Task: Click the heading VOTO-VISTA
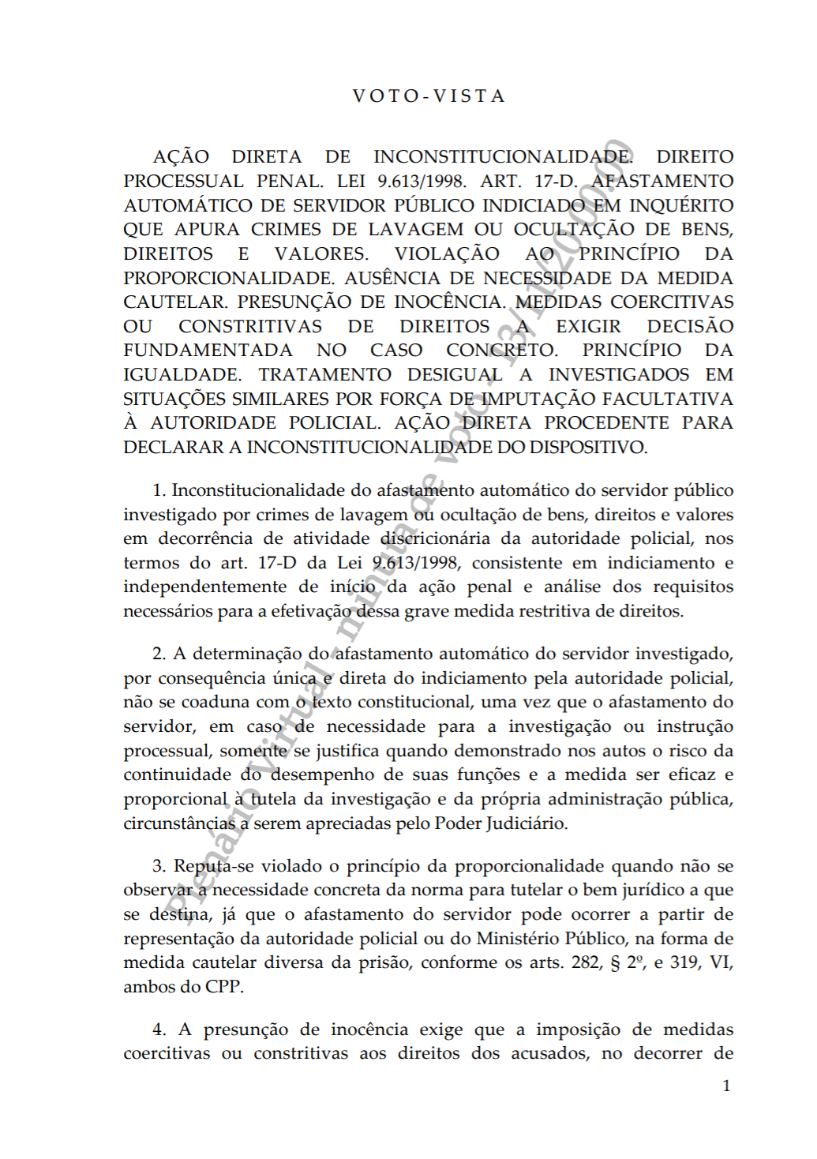pyautogui.click(x=429, y=96)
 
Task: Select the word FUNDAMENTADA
pyautogui.click(x=208, y=350)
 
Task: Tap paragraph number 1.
pyautogui.click(x=158, y=490)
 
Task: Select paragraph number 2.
pyautogui.click(x=159, y=654)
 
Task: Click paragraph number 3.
pyautogui.click(x=159, y=866)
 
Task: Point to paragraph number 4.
pyautogui.click(x=159, y=1030)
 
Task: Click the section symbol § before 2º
pyautogui.click(x=615, y=962)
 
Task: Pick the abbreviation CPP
pyautogui.click(x=224, y=987)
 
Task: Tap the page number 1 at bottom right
pyautogui.click(x=726, y=1086)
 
